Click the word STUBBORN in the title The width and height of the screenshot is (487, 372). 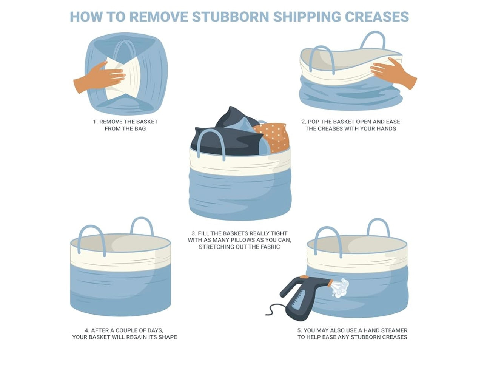(x=230, y=16)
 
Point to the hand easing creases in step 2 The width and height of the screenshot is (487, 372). (x=393, y=73)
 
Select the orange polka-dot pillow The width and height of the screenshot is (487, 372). (x=273, y=137)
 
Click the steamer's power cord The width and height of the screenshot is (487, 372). (x=276, y=309)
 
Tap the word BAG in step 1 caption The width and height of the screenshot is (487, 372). (x=140, y=128)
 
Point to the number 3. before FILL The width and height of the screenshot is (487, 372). (x=194, y=233)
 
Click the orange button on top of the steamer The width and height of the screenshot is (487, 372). (x=304, y=277)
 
